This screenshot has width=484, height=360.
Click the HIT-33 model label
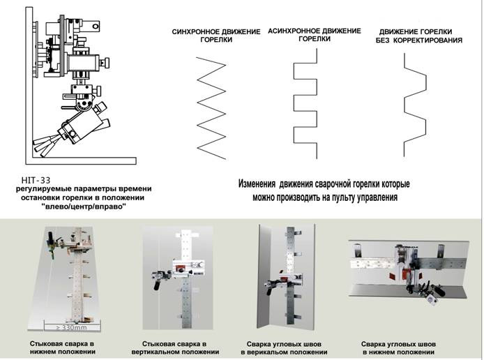(x=36, y=180)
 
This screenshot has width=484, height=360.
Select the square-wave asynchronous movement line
(x=305, y=103)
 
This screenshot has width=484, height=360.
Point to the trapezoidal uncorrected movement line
(x=415, y=105)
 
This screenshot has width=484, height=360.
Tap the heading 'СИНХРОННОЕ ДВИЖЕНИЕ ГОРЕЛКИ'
(x=216, y=36)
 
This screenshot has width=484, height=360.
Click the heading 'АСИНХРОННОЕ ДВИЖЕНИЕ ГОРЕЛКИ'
(x=315, y=35)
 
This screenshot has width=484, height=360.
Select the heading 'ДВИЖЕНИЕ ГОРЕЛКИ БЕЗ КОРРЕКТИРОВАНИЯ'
(x=418, y=36)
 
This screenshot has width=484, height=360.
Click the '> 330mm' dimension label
(x=72, y=327)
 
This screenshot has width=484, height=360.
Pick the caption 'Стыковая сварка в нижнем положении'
(x=62, y=347)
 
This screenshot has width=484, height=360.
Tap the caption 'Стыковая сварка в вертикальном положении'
(x=175, y=348)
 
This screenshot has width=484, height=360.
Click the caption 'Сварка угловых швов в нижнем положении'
(x=398, y=348)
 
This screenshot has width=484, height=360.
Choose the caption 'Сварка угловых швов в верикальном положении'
(x=284, y=348)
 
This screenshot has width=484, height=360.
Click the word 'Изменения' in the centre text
(x=257, y=183)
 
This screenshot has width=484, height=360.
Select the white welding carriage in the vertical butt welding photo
(x=188, y=268)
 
